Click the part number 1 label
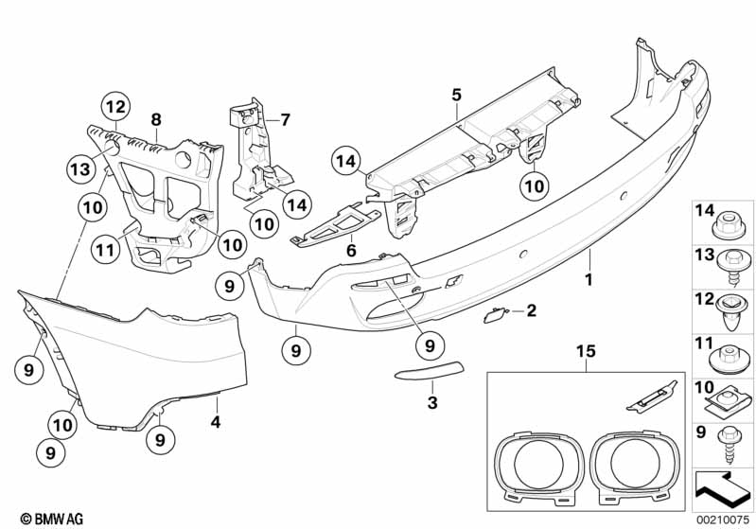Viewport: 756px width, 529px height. [589, 279]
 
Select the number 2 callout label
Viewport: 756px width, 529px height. [532, 310]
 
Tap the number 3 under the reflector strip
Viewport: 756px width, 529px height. [432, 401]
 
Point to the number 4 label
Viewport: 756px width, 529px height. [216, 422]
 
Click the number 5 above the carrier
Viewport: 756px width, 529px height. [457, 95]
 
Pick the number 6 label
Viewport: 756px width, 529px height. [351, 250]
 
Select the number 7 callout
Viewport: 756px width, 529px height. [286, 119]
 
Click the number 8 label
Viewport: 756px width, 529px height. [156, 119]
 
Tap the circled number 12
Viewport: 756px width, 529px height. [115, 107]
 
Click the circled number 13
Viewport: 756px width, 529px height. [80, 169]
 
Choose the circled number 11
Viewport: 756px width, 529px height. [105, 249]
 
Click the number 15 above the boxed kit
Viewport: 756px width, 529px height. [587, 351]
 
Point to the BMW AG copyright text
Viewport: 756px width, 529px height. [52, 519]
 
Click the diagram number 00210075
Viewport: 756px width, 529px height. [723, 520]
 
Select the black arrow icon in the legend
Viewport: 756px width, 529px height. [720, 490]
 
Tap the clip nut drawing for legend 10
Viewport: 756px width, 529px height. [727, 401]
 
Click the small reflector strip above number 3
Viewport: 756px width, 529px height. [430, 370]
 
